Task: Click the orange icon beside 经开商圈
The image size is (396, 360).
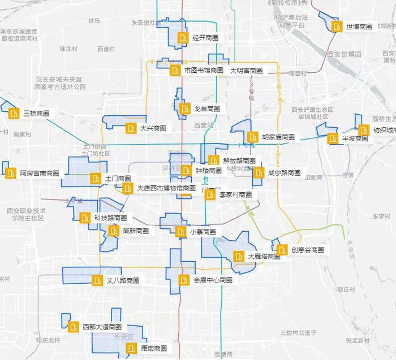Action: click(x=183, y=38)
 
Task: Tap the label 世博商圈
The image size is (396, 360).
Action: click(x=359, y=27)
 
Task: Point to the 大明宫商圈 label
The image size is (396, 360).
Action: click(x=246, y=71)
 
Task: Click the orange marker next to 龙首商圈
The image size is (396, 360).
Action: click(x=184, y=109)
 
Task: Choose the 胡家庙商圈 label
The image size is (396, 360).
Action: click(x=278, y=137)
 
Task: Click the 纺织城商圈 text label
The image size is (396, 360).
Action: click(x=384, y=130)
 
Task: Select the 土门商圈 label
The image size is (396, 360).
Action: click(x=118, y=179)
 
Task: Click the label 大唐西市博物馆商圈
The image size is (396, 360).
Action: click(x=166, y=188)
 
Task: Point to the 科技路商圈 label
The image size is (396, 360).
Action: click(x=110, y=218)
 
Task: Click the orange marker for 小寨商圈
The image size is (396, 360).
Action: click(x=180, y=232)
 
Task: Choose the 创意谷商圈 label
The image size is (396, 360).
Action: click(x=308, y=250)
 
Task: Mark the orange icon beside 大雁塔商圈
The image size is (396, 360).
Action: click(x=239, y=257)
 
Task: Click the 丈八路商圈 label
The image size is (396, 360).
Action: click(x=123, y=280)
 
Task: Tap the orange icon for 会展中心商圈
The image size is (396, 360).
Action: click(x=183, y=280)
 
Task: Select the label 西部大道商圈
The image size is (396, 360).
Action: click(x=102, y=327)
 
